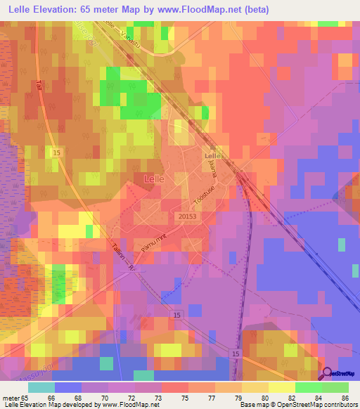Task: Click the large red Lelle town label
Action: click(x=154, y=179)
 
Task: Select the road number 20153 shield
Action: click(x=186, y=217)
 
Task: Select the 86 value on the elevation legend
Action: click(x=345, y=398)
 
